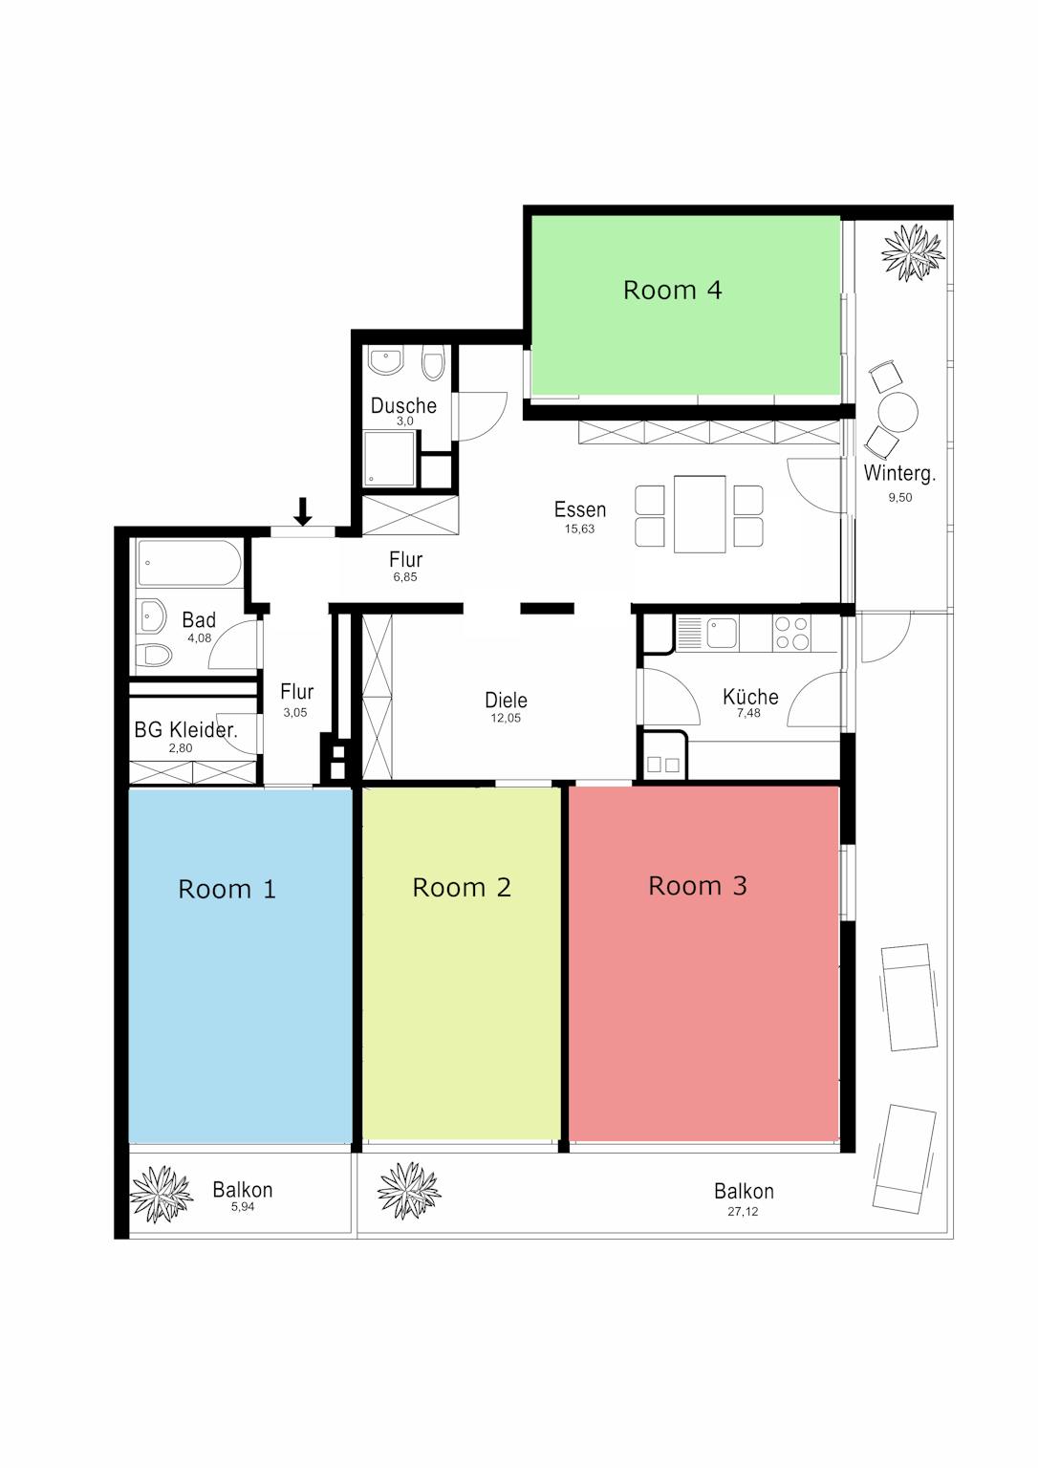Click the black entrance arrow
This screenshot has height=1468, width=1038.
point(302,512)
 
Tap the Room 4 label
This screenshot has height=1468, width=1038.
point(672,290)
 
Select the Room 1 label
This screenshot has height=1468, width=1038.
point(227,890)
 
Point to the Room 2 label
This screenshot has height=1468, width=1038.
point(462,887)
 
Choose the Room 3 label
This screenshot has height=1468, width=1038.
point(697,885)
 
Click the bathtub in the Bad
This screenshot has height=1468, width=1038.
point(189,562)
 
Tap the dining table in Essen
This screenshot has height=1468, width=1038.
point(700,514)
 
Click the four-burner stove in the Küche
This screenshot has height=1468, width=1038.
point(791,633)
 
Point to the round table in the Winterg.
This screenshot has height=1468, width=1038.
point(897,412)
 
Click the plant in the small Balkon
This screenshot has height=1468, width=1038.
point(161,1194)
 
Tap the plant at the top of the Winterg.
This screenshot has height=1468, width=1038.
point(913,252)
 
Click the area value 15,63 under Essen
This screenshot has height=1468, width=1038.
point(579,529)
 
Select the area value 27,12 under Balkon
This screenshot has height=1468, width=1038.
point(743,1212)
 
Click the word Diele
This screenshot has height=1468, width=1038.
point(506,700)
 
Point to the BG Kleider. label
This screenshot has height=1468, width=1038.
point(185,729)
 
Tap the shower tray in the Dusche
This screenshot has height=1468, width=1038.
point(390,458)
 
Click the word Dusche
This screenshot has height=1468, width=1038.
point(403,405)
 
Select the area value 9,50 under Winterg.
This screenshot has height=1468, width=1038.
point(899,497)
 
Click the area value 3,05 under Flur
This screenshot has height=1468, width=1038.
point(295,712)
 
